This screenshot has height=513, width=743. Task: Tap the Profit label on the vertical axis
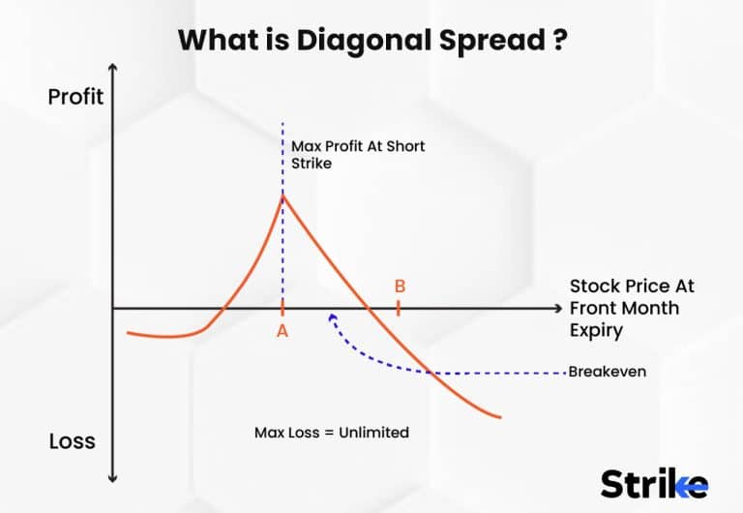(75, 97)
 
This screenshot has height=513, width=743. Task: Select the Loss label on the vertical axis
(72, 441)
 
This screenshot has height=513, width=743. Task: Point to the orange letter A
(282, 330)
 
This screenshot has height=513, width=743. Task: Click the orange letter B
(400, 287)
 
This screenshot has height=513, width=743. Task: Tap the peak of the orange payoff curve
(282, 196)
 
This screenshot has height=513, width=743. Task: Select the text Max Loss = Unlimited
(331, 433)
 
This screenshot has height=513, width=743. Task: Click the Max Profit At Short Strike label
(357, 155)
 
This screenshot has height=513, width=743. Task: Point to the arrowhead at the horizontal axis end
(556, 308)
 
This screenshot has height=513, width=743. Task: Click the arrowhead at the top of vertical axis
(113, 69)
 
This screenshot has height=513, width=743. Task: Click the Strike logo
(654, 482)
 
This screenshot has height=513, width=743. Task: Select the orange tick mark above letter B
(399, 308)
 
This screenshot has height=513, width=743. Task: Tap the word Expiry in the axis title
(596, 330)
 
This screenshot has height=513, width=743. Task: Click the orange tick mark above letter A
(282, 308)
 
